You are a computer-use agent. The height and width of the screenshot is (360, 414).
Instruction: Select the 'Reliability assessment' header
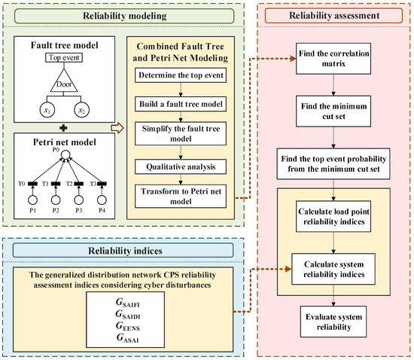[x=330, y=14]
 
